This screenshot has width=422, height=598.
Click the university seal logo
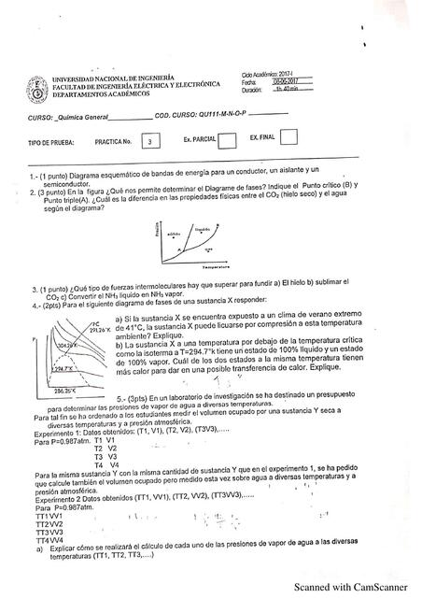[36, 91]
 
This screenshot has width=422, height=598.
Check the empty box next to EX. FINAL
[288, 139]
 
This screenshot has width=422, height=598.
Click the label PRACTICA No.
[116, 143]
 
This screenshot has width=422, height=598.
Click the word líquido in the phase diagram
[203, 227]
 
